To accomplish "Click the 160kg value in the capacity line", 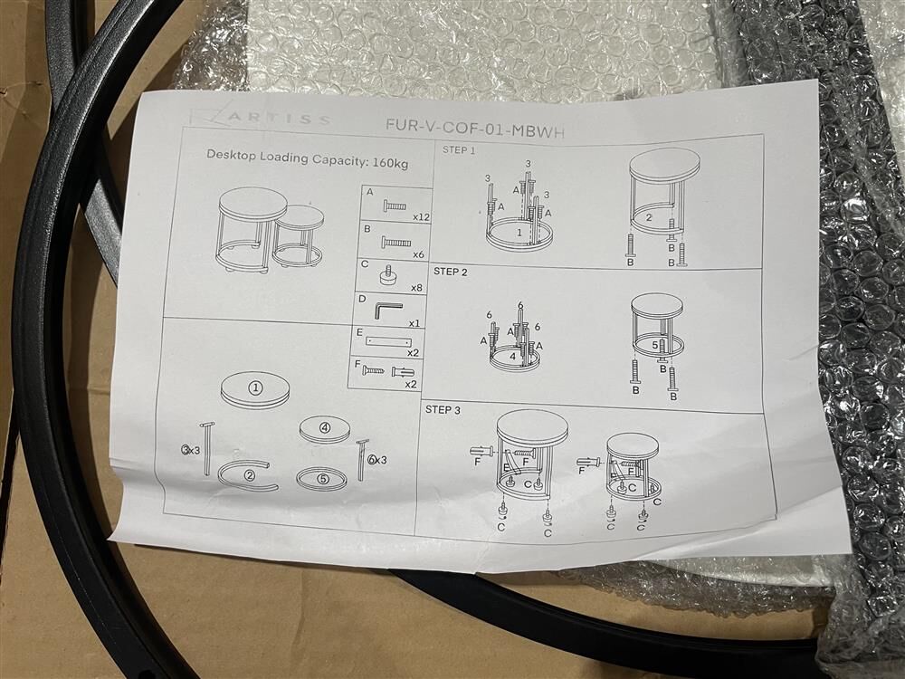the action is pos(390,162).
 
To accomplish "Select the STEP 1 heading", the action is pos(459,150).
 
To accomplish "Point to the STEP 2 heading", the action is pos(450,272).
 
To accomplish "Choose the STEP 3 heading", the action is pos(443,410).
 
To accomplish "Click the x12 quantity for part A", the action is pos(422,217).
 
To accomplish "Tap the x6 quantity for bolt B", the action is pos(420,254).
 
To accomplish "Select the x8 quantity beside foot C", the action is pos(417,287).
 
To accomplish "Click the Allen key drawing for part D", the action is pos(386,310).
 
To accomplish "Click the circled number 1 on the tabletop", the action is pos(256,388).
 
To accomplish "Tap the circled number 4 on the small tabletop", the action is pos(325,428).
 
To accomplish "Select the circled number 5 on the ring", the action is pos(322,479).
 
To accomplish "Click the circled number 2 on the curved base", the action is pos(250,476).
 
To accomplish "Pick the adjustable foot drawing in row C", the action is pos(389,275).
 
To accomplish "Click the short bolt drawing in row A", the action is pos(393,204).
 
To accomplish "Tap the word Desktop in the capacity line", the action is pos(231,155).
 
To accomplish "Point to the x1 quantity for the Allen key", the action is pos(414,323).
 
